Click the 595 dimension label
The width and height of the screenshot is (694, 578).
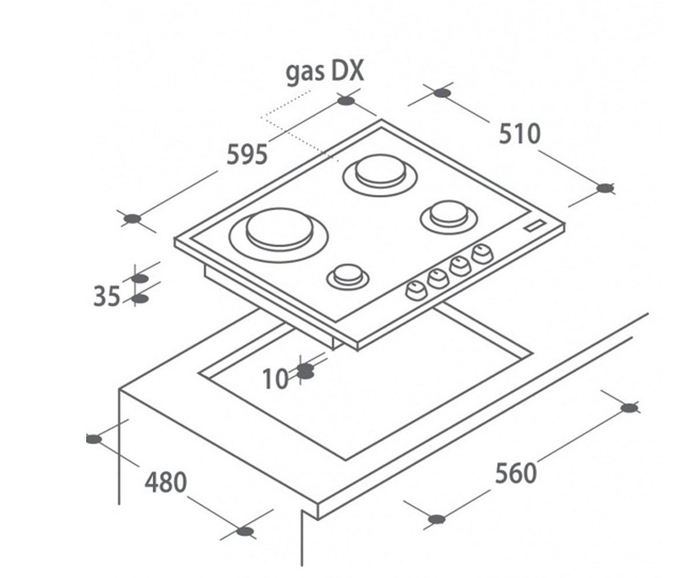(x=247, y=154)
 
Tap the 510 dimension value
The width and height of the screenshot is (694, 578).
(x=520, y=134)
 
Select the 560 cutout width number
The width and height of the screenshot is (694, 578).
(x=516, y=473)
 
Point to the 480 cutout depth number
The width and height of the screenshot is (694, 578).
(x=166, y=482)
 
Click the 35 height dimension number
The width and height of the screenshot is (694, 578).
(x=106, y=296)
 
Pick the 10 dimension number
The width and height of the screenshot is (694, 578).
(x=275, y=379)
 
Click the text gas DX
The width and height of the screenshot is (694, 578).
(x=324, y=72)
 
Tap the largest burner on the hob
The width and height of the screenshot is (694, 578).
(x=279, y=234)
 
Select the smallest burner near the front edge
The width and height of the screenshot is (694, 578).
(x=348, y=277)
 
